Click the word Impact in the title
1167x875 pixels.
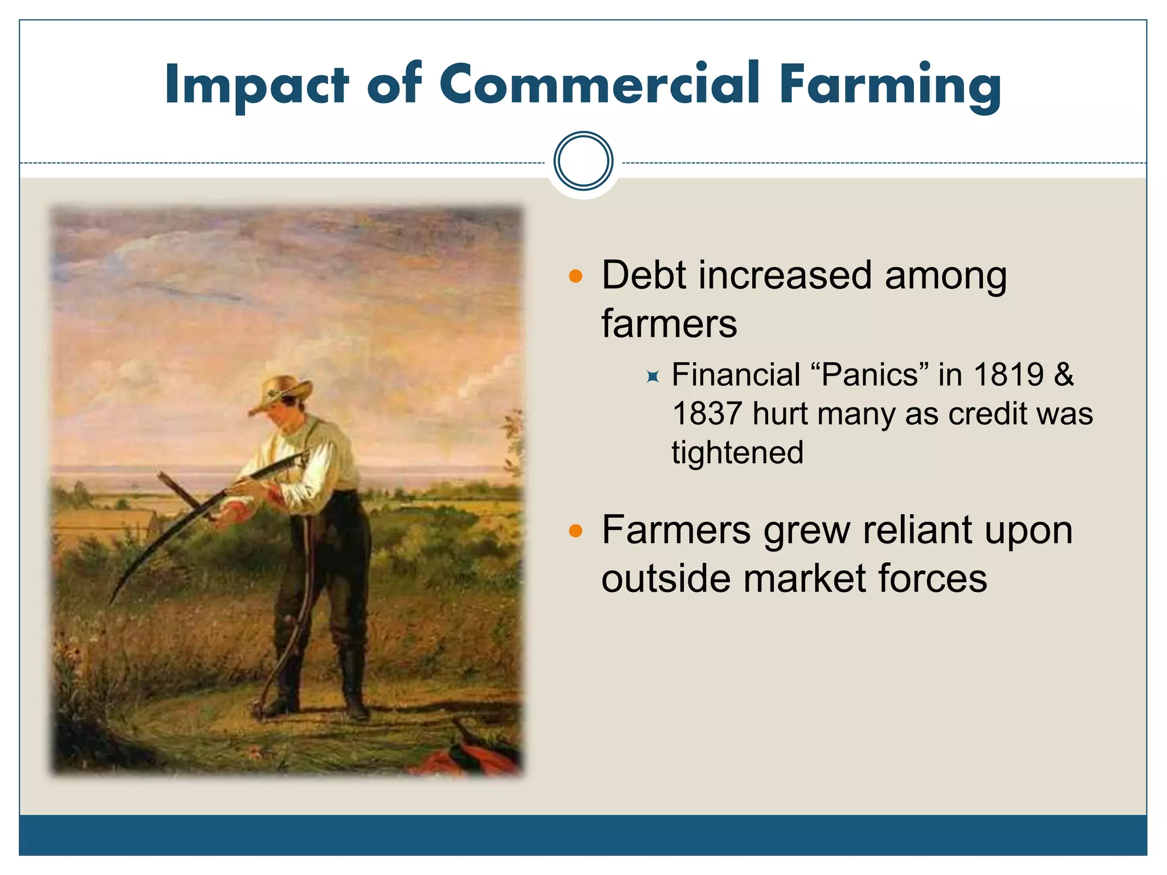click(256, 85)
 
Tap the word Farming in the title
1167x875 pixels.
click(889, 85)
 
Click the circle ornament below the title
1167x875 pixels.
click(583, 161)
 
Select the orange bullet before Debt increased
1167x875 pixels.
click(576, 277)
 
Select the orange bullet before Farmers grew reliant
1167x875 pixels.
click(576, 531)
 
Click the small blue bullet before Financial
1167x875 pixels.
click(653, 377)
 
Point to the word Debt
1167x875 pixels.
click(643, 275)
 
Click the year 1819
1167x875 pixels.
click(1009, 375)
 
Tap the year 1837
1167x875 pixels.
click(707, 414)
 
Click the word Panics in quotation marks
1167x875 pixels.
click(869, 375)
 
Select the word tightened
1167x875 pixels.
click(737, 453)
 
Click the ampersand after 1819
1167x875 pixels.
click(1063, 375)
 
